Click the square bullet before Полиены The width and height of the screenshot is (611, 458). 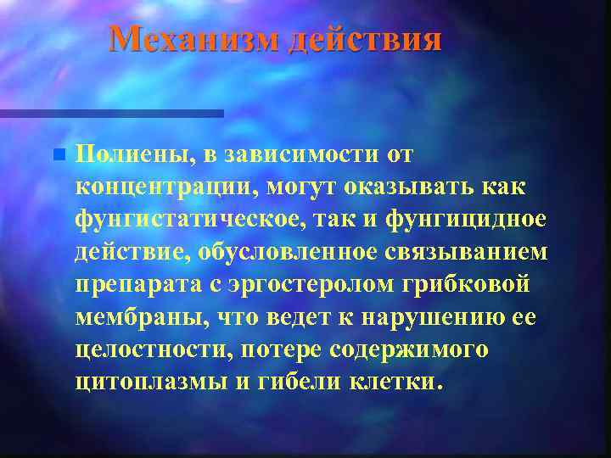(57, 155)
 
